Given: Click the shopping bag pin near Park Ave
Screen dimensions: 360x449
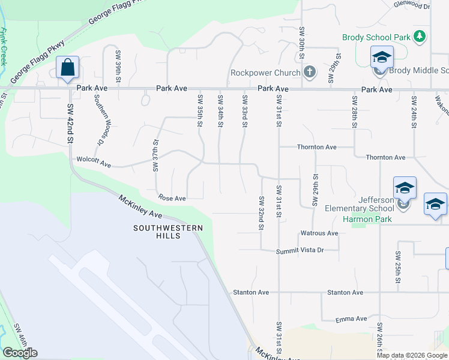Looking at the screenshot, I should click(x=67, y=68).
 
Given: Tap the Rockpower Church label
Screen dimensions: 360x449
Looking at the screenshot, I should click(x=265, y=73).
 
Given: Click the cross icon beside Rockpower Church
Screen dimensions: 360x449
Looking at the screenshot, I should click(x=310, y=73).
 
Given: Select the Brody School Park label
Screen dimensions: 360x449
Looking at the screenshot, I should click(x=376, y=37).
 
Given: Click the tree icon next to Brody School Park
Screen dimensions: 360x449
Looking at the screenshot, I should click(x=420, y=37).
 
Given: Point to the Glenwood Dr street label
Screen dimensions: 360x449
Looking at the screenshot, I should click(x=412, y=6).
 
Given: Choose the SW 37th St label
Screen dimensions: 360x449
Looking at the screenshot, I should click(x=155, y=156).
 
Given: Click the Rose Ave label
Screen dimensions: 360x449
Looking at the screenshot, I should click(x=172, y=198).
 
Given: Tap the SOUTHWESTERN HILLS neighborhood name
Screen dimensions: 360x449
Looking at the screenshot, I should click(x=165, y=232).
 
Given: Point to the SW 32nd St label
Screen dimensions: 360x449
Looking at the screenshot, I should click(x=261, y=213).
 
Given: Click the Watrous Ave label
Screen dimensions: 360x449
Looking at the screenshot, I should click(x=319, y=233).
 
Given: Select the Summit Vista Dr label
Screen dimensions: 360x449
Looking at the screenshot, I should click(x=300, y=250).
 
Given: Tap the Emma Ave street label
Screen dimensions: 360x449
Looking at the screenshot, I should click(x=351, y=319).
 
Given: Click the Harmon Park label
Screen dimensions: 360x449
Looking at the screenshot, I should click(x=367, y=219).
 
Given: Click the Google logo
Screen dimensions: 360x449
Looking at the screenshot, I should click(x=20, y=353).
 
